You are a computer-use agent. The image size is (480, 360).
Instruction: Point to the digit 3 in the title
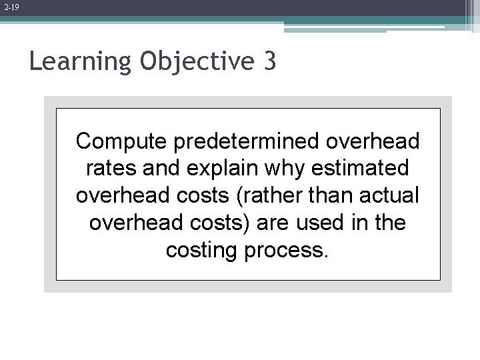tap(269, 62)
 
